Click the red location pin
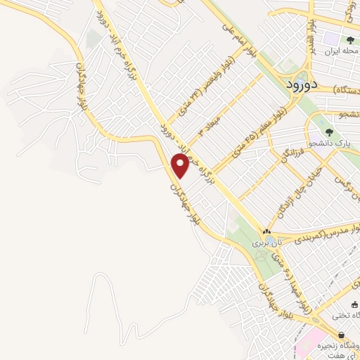click(181, 166)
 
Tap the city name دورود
click(304, 84)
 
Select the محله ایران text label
click(342, 53)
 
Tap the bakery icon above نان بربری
click(266, 231)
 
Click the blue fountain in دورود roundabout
click(303, 75)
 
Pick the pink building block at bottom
click(307, 345)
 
